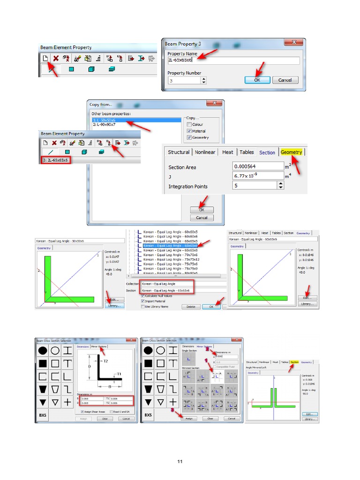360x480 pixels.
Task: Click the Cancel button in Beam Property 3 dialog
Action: click(285, 80)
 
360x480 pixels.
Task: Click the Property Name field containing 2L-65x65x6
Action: click(233, 60)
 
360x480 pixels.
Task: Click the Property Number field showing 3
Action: click(184, 80)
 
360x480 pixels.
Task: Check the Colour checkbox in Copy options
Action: click(189, 125)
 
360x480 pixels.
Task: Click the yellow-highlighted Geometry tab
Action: click(292, 152)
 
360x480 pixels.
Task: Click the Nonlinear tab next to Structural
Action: click(205, 152)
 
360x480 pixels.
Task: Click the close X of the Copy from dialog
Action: click(215, 104)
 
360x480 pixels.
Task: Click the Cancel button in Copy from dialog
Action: click(202, 217)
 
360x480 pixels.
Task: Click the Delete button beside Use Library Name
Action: click(190, 307)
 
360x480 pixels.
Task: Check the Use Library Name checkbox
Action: click(142, 307)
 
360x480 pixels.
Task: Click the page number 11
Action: click(180, 462)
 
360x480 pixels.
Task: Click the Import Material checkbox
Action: click(142, 301)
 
